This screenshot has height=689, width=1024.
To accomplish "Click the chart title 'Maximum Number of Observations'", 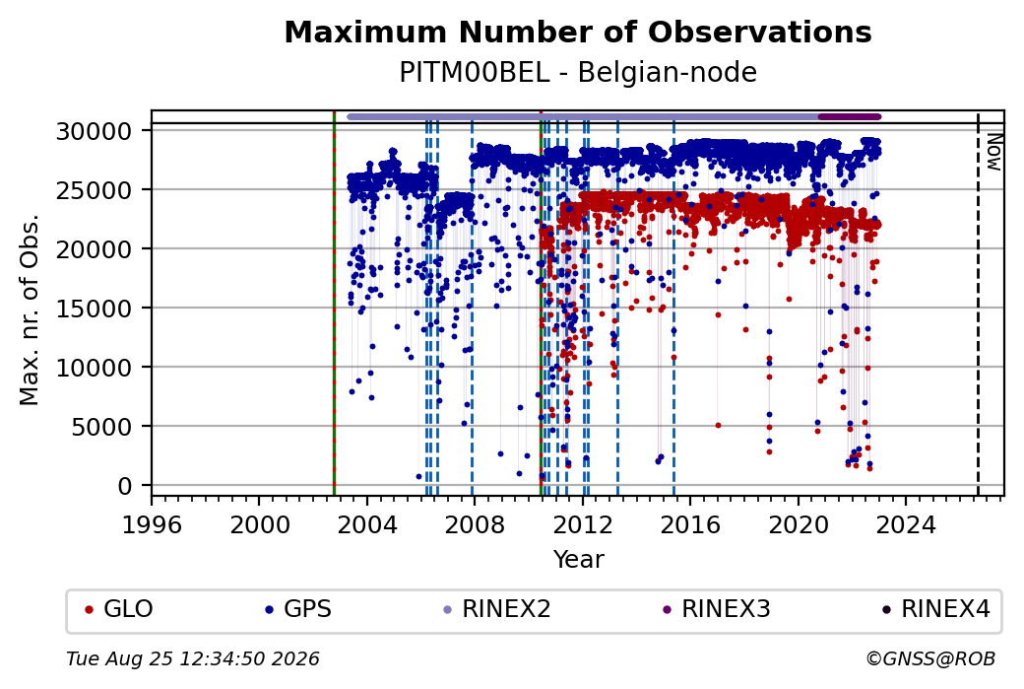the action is [578, 32].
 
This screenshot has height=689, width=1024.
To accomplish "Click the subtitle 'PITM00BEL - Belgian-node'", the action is [578, 73].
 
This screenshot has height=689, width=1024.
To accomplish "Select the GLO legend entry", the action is [119, 609].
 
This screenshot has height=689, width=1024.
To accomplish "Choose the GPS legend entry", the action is [297, 609].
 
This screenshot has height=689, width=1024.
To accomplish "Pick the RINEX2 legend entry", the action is [497, 609].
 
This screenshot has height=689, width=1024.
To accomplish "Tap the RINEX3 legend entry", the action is [717, 609].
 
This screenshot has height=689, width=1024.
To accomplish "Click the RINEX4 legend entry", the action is [935, 609].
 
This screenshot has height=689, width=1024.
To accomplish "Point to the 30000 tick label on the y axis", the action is [95, 132].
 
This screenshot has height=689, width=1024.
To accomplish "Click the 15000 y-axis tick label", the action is [95, 309].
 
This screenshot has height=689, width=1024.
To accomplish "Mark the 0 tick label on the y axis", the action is [125, 486].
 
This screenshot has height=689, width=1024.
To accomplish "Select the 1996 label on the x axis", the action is [152, 525].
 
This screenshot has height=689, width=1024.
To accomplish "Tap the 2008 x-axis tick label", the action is [475, 525].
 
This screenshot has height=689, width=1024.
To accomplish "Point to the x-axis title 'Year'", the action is [578, 560].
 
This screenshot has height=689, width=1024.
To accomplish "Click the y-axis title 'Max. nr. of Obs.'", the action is [30, 310].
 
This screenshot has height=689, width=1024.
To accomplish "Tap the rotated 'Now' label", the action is [993, 152].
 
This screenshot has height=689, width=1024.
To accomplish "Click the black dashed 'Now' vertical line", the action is [978, 304].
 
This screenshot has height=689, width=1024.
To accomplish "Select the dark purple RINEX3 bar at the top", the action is [850, 117].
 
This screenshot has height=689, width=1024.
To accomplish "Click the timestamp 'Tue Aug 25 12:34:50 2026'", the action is [193, 658].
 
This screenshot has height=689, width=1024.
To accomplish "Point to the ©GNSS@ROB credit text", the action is [930, 658].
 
